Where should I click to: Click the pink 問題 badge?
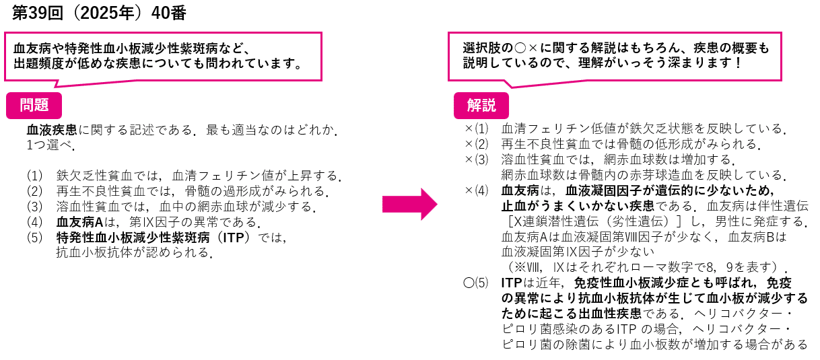(x=34, y=105)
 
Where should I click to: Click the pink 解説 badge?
(x=481, y=105)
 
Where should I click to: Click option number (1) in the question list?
(x=35, y=176)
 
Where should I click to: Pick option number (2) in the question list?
(x=35, y=191)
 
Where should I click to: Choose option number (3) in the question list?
(x=35, y=207)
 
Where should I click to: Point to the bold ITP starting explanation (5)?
(x=513, y=283)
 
